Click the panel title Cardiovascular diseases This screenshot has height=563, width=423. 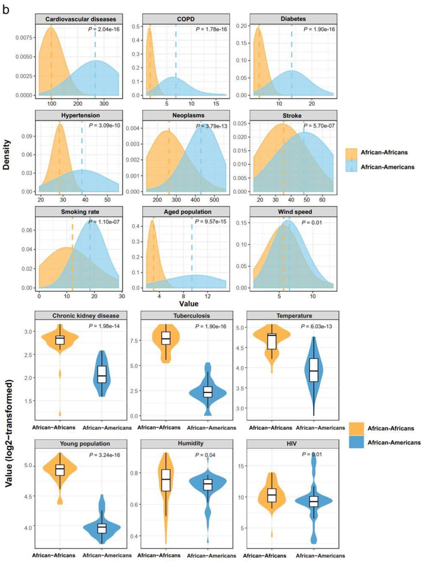click(x=80, y=19)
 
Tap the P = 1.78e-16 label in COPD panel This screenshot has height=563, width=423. click(x=211, y=30)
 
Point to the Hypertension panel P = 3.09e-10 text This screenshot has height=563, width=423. click(x=104, y=125)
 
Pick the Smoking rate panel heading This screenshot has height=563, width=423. click(x=80, y=212)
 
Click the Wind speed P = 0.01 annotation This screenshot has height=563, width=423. click(x=311, y=223)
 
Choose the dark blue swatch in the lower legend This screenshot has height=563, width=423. click(x=356, y=442)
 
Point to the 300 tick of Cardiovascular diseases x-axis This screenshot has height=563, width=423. click(x=104, y=104)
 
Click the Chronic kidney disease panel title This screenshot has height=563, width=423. click(x=86, y=316)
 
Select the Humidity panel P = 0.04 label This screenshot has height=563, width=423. click(x=205, y=455)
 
